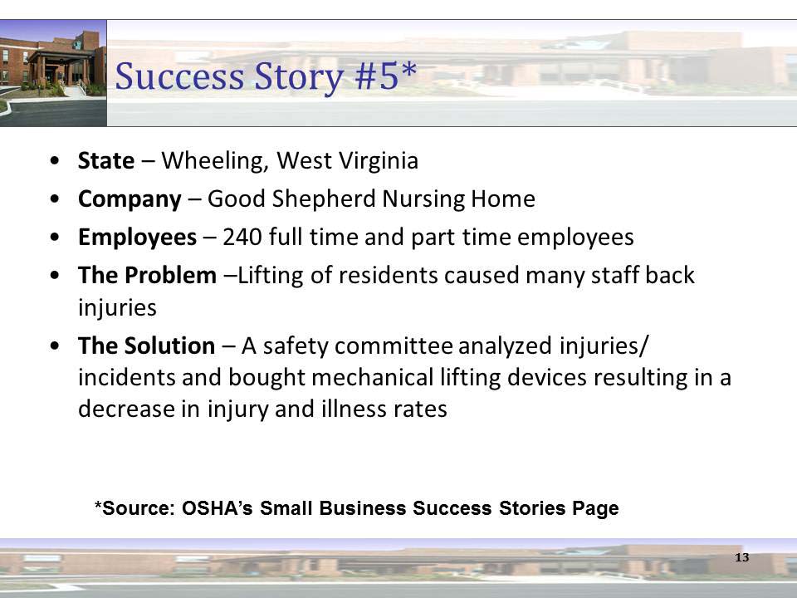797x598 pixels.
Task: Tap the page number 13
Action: (741, 556)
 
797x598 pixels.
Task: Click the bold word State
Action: (105, 160)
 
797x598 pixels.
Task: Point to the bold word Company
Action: (129, 199)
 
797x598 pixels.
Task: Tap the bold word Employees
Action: (137, 238)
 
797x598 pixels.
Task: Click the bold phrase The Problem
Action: (146, 276)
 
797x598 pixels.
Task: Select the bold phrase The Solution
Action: (145, 345)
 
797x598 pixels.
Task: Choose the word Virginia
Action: (377, 160)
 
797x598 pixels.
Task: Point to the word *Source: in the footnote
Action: (131, 508)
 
